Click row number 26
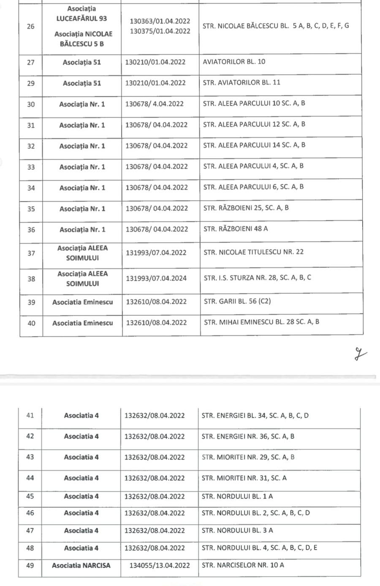click(30, 26)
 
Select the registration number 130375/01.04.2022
click(160, 31)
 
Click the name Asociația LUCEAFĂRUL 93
click(81, 14)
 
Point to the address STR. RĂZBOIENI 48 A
click(236, 229)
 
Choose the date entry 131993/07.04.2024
click(156, 278)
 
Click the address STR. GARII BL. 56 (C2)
click(237, 301)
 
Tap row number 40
click(31, 323)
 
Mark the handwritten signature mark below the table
click(360, 353)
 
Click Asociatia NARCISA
click(81, 565)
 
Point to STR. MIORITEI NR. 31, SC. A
click(244, 478)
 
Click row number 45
click(30, 496)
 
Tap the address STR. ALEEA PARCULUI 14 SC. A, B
click(254, 145)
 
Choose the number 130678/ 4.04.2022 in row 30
click(155, 104)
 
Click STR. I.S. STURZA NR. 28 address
click(257, 278)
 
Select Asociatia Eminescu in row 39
click(83, 302)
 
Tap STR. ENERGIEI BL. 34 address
click(255, 415)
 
